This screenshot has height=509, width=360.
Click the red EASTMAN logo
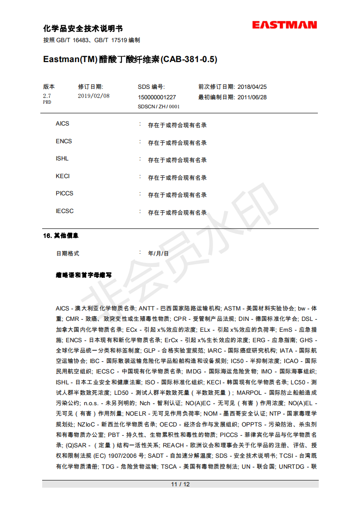[284, 25]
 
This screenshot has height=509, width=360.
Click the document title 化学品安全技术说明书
[83, 29]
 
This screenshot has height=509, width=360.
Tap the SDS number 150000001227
[157, 97]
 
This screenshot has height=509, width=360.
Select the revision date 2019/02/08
[94, 96]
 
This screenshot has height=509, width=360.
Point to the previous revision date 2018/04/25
[252, 87]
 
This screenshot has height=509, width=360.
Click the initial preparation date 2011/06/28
[252, 97]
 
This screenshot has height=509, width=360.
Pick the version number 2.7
[47, 96]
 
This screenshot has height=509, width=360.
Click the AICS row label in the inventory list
[63, 124]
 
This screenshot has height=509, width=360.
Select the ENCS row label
[64, 141]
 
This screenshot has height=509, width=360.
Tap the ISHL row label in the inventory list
[62, 159]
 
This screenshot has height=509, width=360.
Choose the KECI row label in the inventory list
[63, 176]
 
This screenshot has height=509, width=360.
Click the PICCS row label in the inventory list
[64, 194]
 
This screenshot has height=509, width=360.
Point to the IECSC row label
[64, 211]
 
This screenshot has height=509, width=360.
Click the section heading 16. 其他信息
[61, 236]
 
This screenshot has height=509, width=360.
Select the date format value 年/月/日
[158, 254]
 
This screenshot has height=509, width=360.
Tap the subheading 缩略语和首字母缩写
[83, 275]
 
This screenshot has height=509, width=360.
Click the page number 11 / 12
[180, 484]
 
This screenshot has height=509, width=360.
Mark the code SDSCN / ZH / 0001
[159, 107]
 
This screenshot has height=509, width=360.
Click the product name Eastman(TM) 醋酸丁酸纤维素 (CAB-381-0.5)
[130, 59]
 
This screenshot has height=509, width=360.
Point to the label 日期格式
[68, 254]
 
